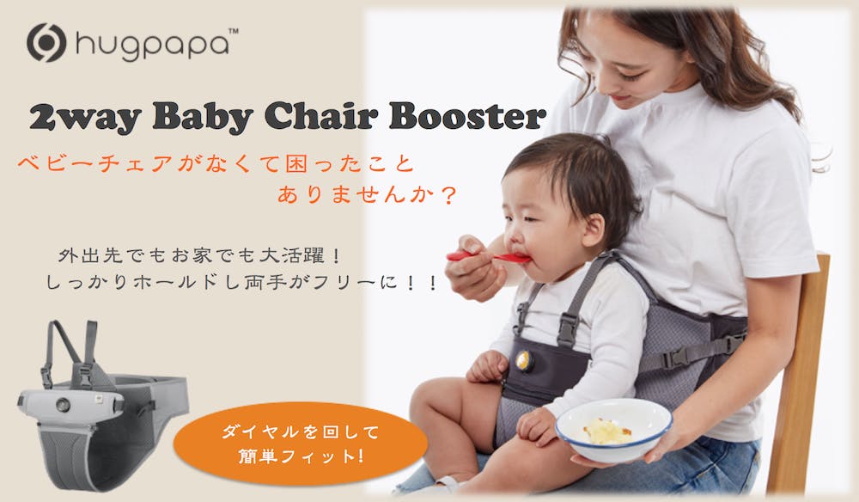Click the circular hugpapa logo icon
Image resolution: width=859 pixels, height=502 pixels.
pos(46,43)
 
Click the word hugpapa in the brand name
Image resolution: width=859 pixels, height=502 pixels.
pos(152,45)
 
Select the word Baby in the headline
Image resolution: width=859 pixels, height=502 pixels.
pos(203,117)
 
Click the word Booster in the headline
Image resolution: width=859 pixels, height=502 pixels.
pos(467,116)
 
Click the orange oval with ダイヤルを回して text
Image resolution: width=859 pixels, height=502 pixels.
pos(300,444)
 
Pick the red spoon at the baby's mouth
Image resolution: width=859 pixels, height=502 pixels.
pos(488,256)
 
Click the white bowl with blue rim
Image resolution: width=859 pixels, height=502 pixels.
pos(613,430)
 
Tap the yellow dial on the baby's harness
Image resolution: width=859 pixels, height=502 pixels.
pos(524,360)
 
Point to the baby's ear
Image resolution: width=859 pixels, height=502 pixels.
pos(593,229)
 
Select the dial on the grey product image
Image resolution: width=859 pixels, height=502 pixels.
pos(63,405)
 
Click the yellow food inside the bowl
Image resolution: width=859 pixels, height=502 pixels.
pos(606,432)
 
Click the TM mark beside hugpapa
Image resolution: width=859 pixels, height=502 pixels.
pos(233,32)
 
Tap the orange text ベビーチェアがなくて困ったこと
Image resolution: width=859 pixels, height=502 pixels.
pos(216,163)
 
